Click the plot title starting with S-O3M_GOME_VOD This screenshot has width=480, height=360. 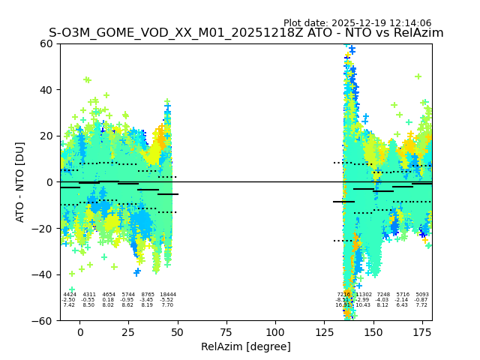pyautogui.click(x=246, y=33)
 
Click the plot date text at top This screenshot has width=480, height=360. pyautogui.click(x=357, y=23)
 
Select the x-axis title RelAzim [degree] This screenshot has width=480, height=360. pyautogui.click(x=246, y=346)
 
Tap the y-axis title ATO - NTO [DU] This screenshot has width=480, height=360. pyautogui.click(x=20, y=181)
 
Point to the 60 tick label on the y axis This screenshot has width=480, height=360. pyautogui.click(x=46, y=43)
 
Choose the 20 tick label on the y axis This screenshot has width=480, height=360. pyautogui.click(x=46, y=136)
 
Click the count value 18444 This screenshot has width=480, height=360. pyautogui.click(x=167, y=295)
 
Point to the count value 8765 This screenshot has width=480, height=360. pyautogui.click(x=148, y=295)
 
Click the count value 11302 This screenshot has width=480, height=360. pyautogui.click(x=364, y=295)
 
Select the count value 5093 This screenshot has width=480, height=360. pyautogui.click(x=422, y=295)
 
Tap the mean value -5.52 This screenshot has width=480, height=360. pyautogui.click(x=167, y=300)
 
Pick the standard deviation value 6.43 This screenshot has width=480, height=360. pyautogui.click(x=403, y=305)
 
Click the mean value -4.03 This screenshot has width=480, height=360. pyautogui.click(x=383, y=300)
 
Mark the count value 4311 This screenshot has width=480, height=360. pyautogui.click(x=89, y=295)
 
